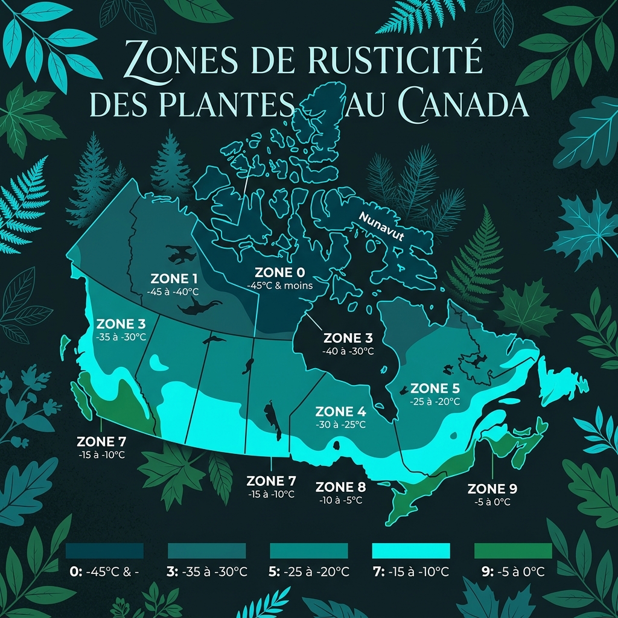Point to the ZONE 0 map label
point(279,273)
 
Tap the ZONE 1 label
point(174,279)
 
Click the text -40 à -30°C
point(348,351)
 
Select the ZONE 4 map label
point(340,412)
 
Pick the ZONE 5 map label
point(435,388)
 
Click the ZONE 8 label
point(340,486)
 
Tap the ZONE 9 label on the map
point(492,489)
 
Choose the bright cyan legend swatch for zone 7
point(412,550)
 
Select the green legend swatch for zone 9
point(514,550)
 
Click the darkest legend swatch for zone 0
point(104,550)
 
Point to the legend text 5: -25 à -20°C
point(309,572)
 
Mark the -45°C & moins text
point(280,285)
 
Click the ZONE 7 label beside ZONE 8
point(272,481)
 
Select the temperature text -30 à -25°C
point(340,425)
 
